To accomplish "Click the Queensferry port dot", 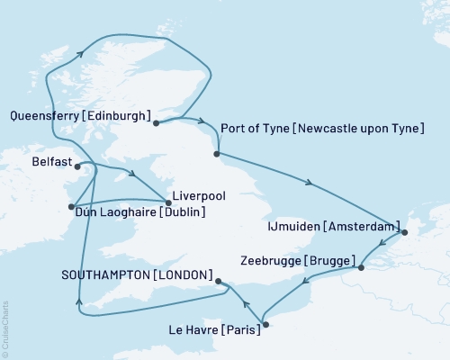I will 156,123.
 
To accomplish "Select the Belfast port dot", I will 78,166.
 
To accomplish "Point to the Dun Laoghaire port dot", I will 71,207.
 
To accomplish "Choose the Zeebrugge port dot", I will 360,267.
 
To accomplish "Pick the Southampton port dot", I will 220,281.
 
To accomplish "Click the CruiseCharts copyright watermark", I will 5,329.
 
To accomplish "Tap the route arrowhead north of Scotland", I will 81,54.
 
